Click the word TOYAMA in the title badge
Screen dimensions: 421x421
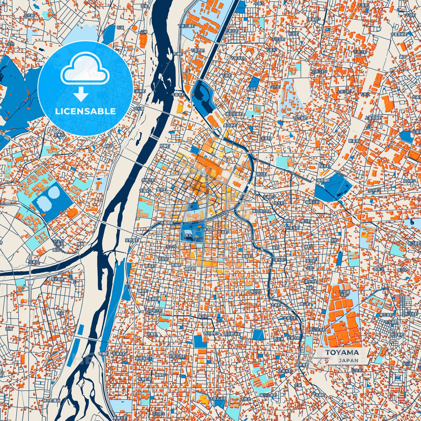coord(342,353)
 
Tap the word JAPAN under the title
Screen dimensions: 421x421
coord(348,360)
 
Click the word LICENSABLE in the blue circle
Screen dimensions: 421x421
coord(85,111)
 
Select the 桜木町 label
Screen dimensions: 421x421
coord(208,229)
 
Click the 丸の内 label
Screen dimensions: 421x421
coord(171,246)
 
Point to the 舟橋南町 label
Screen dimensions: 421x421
coord(167,223)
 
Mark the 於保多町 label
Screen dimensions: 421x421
coord(292,228)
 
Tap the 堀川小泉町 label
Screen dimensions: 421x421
coord(268,395)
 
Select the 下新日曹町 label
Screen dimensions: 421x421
coord(186,26)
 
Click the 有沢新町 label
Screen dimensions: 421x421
coord(58,279)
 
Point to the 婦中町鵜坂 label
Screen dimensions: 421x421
coord(51,401)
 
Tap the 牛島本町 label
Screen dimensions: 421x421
coord(178,95)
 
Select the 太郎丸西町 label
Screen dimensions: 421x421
coord(177,356)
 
